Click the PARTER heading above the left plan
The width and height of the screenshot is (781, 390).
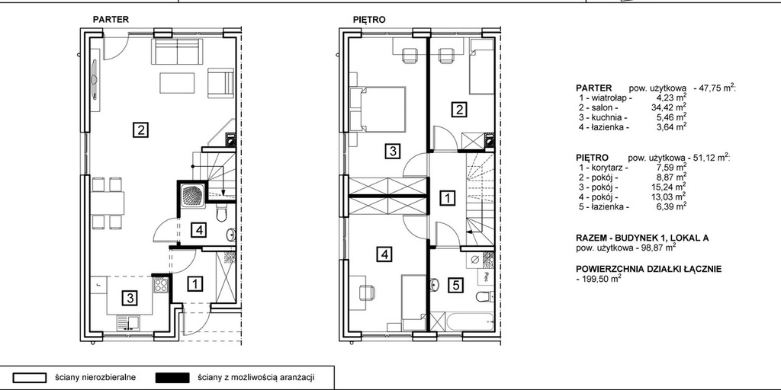click(x=111, y=20)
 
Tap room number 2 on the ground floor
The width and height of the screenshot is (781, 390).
click(x=141, y=130)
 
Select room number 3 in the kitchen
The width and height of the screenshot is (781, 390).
click(x=130, y=298)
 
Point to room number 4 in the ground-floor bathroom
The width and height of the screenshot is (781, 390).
click(x=199, y=230)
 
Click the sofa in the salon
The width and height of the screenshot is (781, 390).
click(x=177, y=53)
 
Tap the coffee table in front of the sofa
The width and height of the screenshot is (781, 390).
click(x=177, y=83)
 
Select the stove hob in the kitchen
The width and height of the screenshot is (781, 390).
click(x=160, y=285)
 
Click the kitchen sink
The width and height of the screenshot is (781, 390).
click(x=128, y=323)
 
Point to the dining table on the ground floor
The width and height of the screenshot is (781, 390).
click(x=107, y=203)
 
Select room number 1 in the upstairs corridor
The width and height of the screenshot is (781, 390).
click(x=448, y=199)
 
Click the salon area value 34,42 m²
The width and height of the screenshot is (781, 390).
click(x=671, y=107)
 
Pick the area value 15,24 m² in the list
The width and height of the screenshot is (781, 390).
click(x=671, y=187)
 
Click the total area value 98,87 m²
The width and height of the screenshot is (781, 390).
click(x=660, y=246)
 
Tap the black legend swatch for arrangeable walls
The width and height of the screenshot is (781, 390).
click(x=172, y=378)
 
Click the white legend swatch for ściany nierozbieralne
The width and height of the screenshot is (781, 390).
click(x=30, y=378)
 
